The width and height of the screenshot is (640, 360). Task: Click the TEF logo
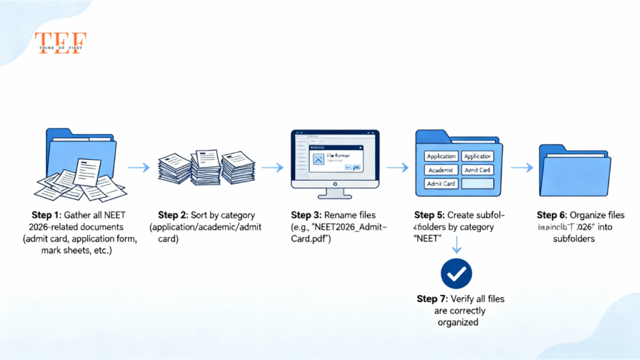(60, 43)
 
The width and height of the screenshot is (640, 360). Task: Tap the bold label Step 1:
(46, 215)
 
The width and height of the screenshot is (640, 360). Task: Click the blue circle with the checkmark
(456, 273)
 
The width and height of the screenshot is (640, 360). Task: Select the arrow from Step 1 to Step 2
(138, 167)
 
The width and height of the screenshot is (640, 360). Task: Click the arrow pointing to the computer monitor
(271, 167)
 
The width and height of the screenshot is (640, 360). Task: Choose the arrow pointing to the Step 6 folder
(521, 167)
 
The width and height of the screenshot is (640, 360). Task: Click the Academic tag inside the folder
(441, 170)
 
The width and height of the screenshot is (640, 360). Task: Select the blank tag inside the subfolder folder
(477, 184)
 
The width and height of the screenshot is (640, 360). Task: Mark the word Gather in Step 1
(79, 215)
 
